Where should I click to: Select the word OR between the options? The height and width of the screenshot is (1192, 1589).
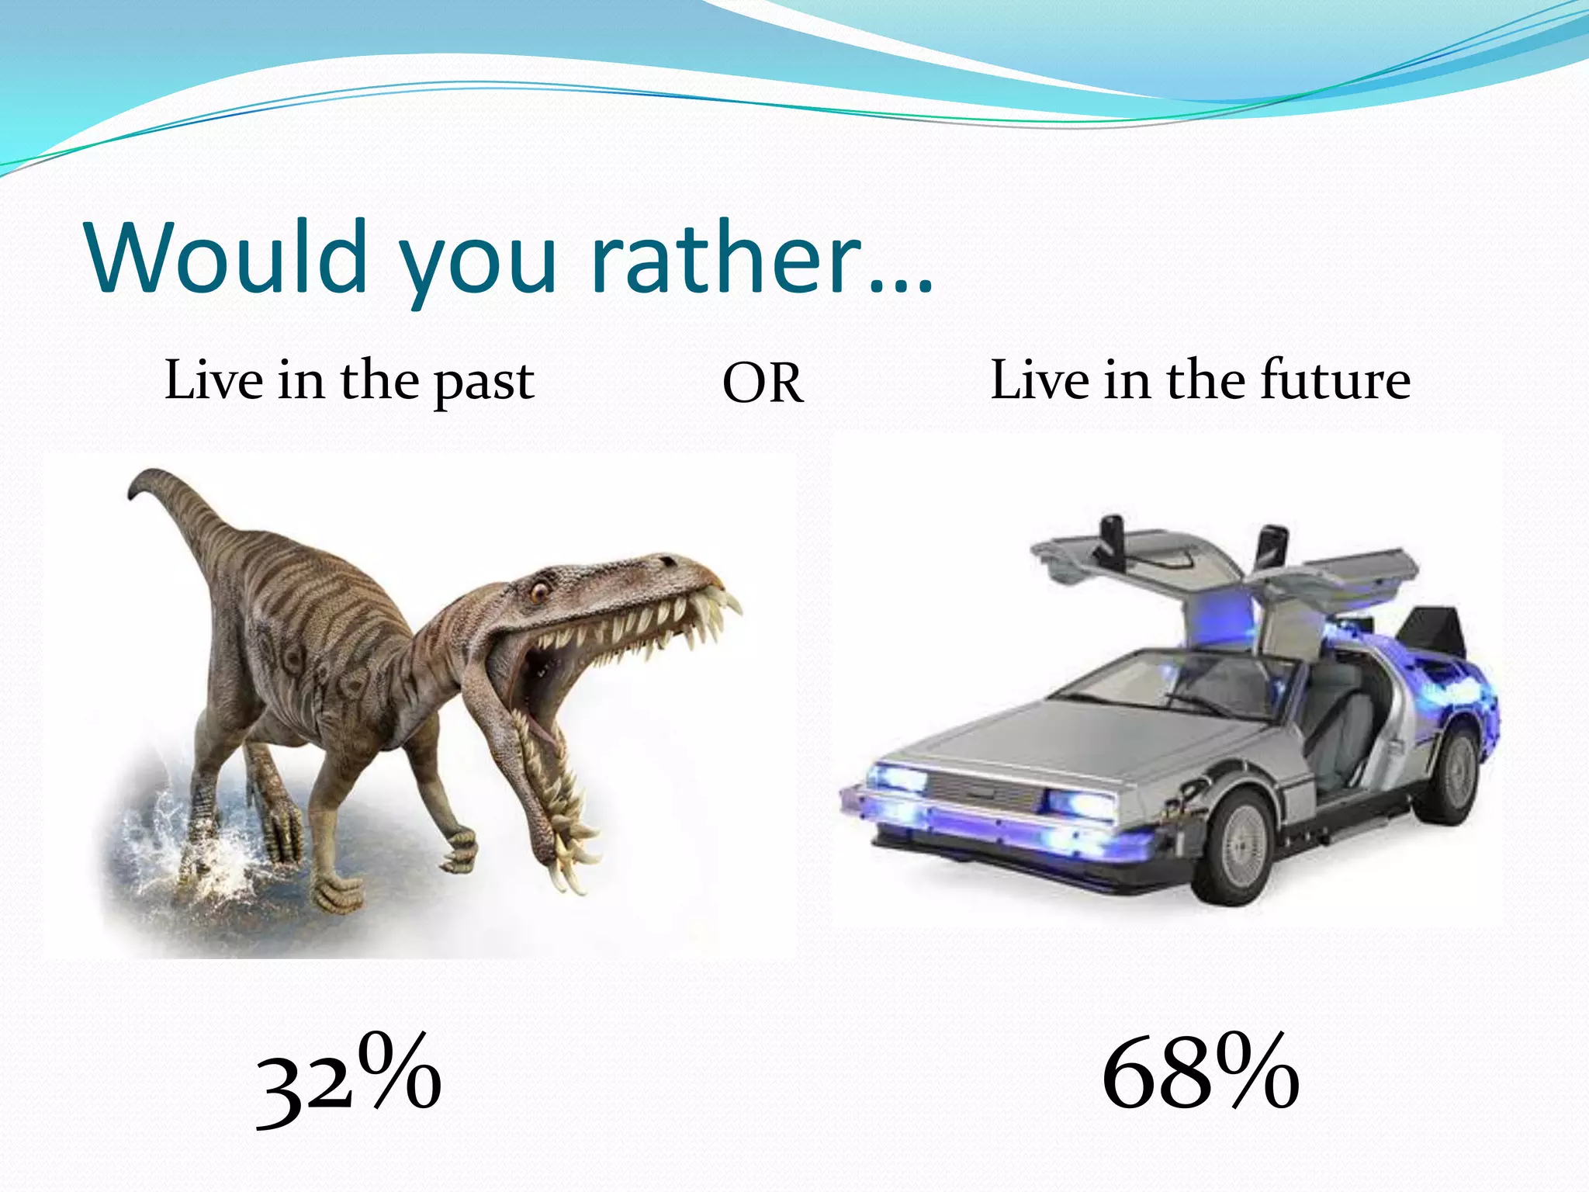click(x=763, y=383)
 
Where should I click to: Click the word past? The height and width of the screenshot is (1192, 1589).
click(x=483, y=382)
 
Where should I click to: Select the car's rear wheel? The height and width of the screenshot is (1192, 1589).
click(x=1453, y=776)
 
